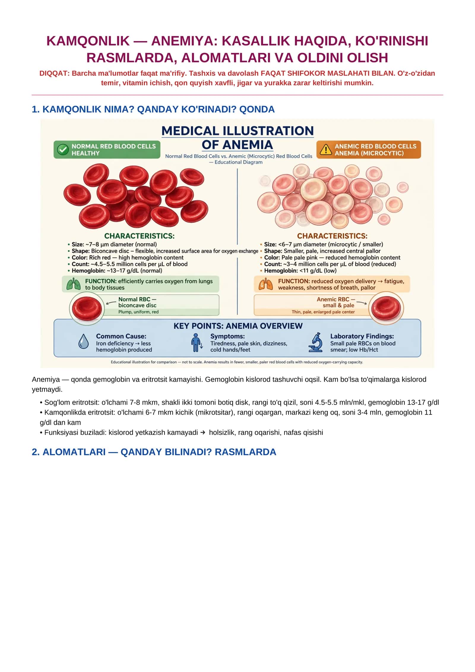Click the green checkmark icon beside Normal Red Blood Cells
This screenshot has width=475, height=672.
click(x=63, y=150)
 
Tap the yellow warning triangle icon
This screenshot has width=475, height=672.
click(x=326, y=149)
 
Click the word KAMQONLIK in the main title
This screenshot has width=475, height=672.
click(x=88, y=41)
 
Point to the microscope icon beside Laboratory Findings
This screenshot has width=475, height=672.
click(x=316, y=342)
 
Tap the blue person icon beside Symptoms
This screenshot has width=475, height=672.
click(x=196, y=342)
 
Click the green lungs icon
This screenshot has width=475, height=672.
click(x=73, y=284)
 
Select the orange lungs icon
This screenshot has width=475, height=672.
click(x=266, y=284)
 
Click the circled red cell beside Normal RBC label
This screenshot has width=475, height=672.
click(x=87, y=308)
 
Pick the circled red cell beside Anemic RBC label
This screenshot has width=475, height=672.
click(x=386, y=308)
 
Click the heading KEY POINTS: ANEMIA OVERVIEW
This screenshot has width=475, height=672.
click(x=238, y=326)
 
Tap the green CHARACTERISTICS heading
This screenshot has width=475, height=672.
click(x=139, y=236)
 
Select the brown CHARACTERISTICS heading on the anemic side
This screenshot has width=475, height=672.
click(x=332, y=236)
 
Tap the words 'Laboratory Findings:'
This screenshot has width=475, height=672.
click(x=362, y=336)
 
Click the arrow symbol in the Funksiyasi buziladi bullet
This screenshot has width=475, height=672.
click(x=203, y=433)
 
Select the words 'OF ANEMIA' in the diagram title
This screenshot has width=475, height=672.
click(x=237, y=145)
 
